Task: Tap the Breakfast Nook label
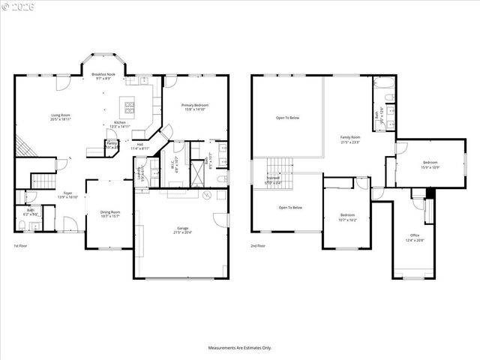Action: point(103,76)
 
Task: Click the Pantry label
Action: point(111,145)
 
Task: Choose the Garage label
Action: point(182,229)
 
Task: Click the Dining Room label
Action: point(110,214)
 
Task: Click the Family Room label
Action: point(350,139)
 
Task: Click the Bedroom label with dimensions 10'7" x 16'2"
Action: point(347,217)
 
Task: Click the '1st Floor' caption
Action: point(21,245)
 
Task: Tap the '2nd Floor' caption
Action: point(259,245)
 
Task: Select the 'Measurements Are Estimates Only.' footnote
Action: point(239,347)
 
